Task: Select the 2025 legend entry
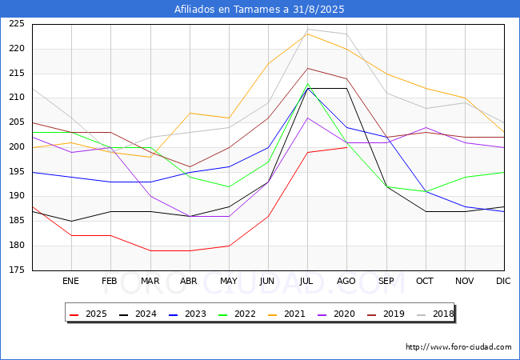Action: coord(89,314)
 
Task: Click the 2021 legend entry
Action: coord(286,314)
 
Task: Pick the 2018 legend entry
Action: coord(434,314)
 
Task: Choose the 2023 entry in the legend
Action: coord(187,314)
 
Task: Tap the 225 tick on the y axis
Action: coord(17,24)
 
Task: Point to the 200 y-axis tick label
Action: coord(17,147)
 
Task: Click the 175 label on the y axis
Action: coord(17,270)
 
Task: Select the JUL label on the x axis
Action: coord(306,281)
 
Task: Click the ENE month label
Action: coord(70,281)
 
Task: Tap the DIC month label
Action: coord(503,281)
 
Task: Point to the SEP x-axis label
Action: coord(386,281)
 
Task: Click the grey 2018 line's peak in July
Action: coord(308,29)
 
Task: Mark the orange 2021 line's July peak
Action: coord(308,34)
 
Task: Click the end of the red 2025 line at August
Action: coord(347,147)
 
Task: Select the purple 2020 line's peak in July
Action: coord(308,118)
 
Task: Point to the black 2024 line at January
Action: coord(72,221)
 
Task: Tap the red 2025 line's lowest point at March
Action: coord(150,250)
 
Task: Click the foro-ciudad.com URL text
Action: coord(458,347)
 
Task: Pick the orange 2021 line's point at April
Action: coord(190,113)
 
